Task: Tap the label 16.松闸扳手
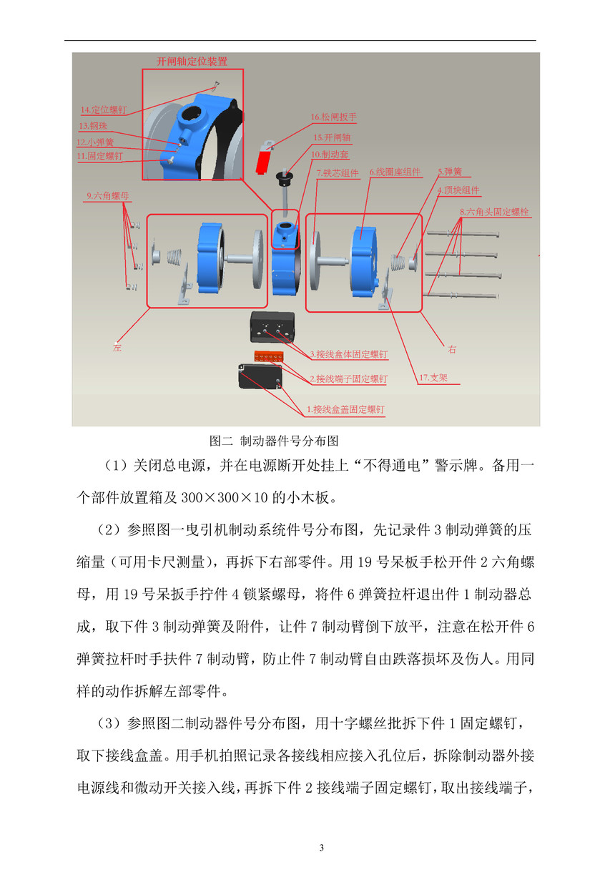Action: click(333, 117)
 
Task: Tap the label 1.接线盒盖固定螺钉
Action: click(345, 409)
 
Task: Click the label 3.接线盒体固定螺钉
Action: click(348, 354)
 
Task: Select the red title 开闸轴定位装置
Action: click(192, 62)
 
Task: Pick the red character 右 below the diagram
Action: click(452, 350)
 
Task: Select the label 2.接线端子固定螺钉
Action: click(348, 378)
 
